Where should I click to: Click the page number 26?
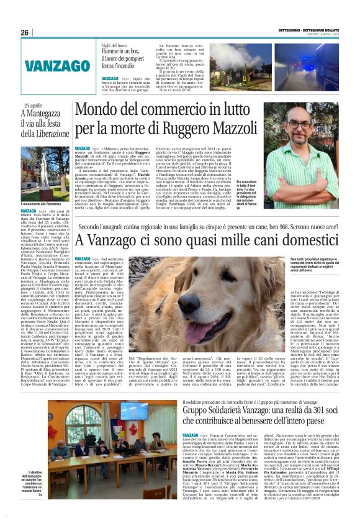(25, 32)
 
